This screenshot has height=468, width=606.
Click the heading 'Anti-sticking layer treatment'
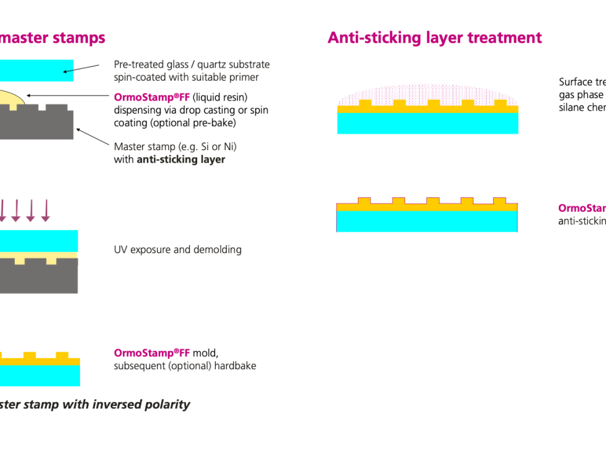coord(434,38)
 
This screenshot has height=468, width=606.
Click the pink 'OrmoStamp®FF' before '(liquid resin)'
coord(151,97)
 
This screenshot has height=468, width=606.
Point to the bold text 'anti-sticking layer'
coord(180,160)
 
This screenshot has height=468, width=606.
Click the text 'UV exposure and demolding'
coord(177,250)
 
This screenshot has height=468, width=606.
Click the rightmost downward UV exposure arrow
coord(45,210)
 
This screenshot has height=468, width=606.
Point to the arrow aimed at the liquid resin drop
coord(68,96)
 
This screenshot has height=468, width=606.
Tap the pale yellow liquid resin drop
coord(12,98)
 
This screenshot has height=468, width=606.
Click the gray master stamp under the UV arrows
coord(37,276)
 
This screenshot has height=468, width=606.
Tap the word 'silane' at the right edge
coord(571,107)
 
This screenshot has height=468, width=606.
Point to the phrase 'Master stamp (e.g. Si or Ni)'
coord(175,147)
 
